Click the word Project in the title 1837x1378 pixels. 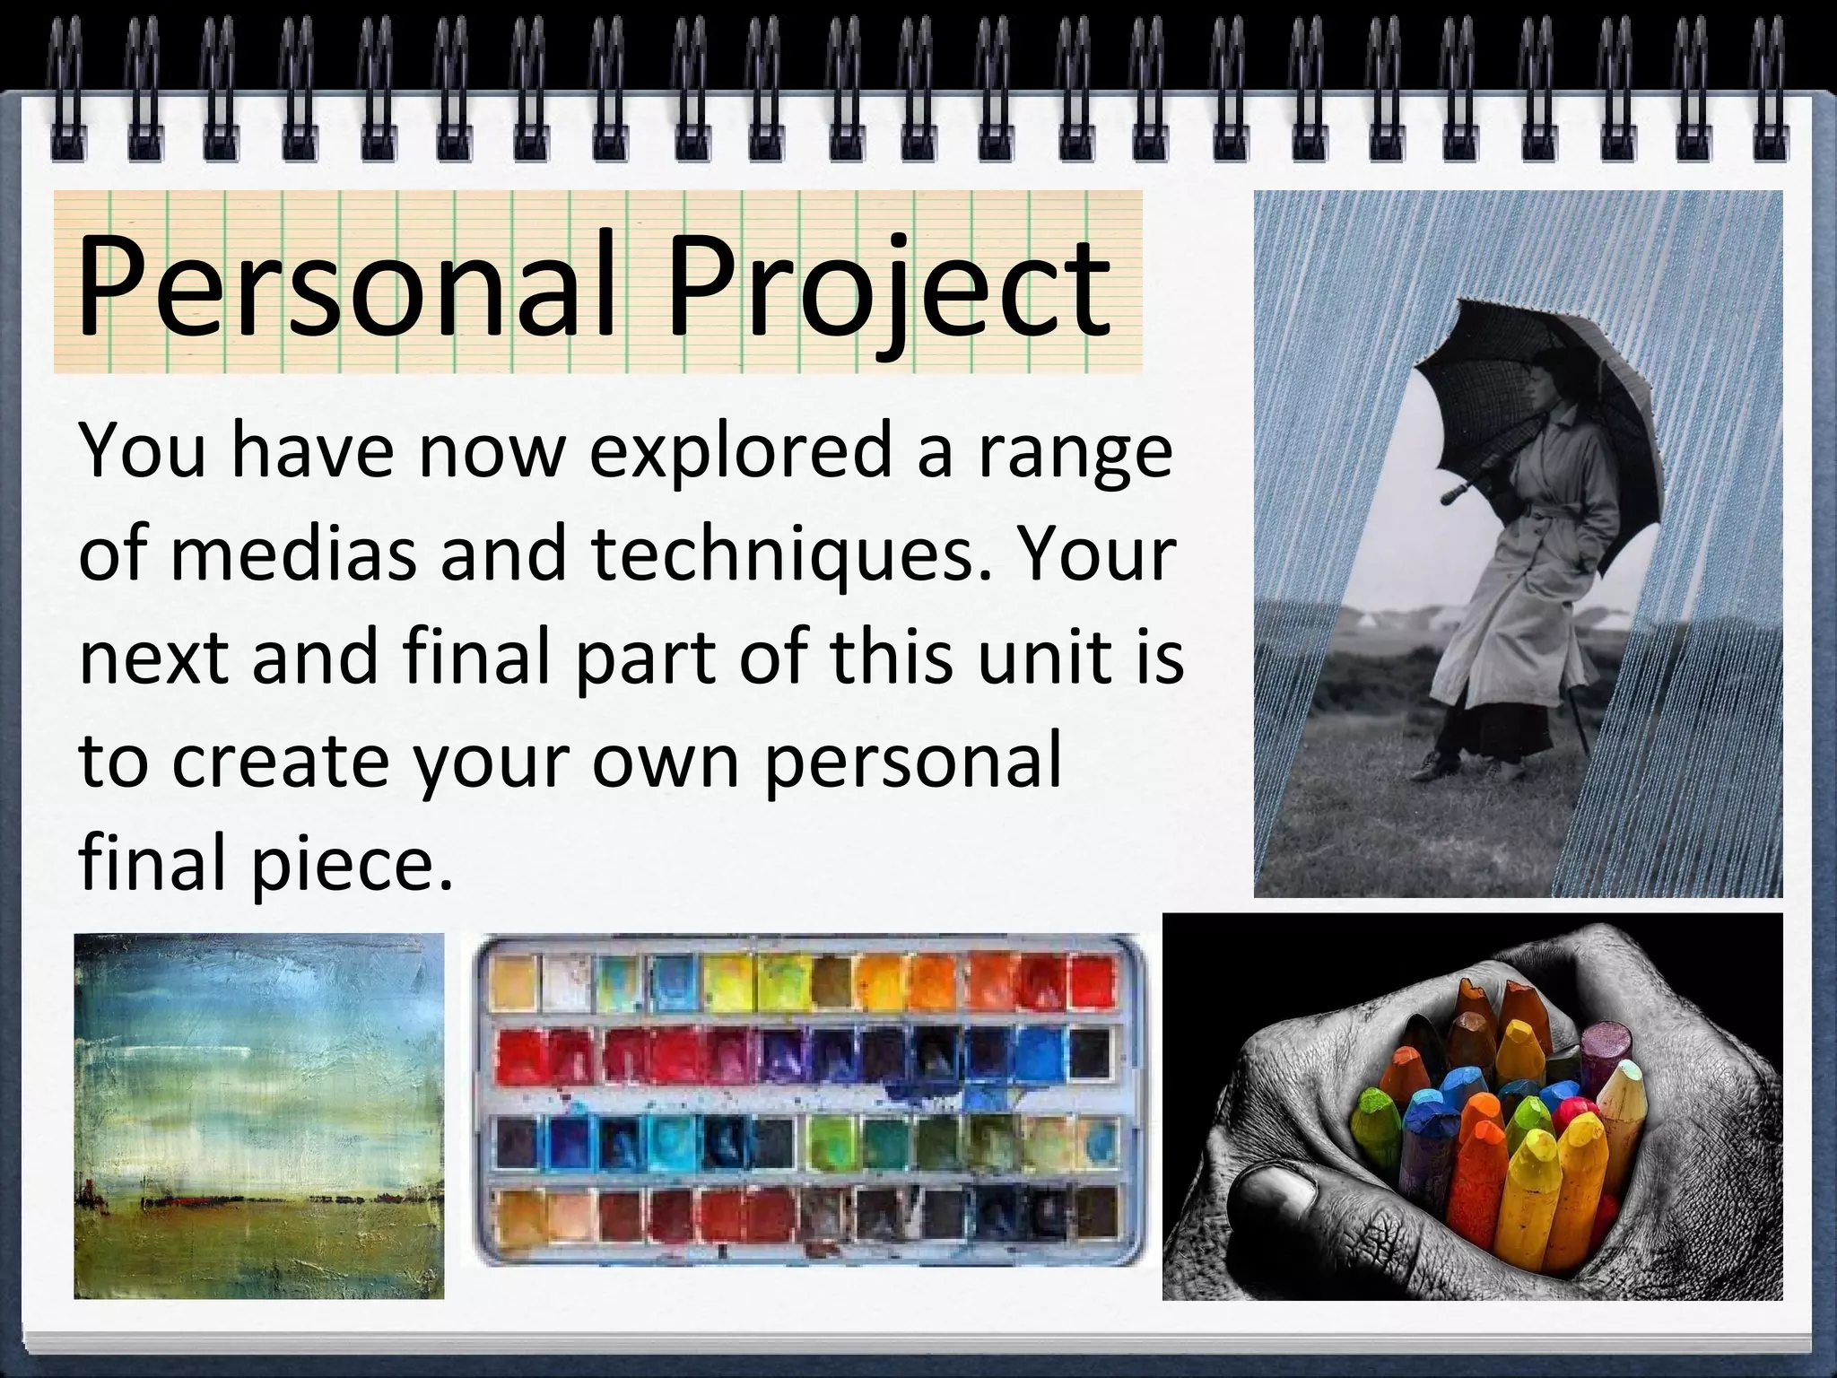pos(888,285)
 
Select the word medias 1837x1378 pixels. pos(293,554)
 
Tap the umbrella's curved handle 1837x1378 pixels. pos(1452,493)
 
